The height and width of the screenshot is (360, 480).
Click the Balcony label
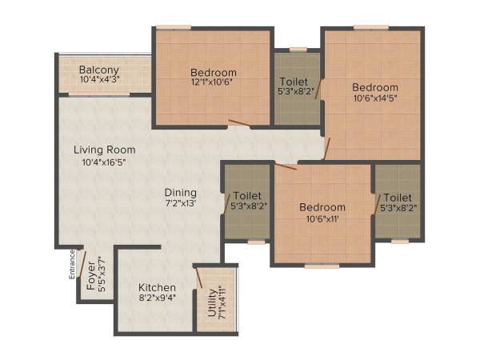pos(99,70)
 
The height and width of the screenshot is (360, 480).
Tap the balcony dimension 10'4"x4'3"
pos(99,80)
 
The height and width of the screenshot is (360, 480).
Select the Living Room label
pos(104,150)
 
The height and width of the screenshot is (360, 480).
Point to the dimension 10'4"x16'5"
pos(104,162)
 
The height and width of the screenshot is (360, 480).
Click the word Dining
pos(180,192)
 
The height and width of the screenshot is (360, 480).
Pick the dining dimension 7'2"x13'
pos(180,204)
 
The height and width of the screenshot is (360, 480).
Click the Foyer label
pos(90,271)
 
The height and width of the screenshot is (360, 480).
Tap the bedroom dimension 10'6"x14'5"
pos(375,100)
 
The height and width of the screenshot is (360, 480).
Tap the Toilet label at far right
pos(397,198)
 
